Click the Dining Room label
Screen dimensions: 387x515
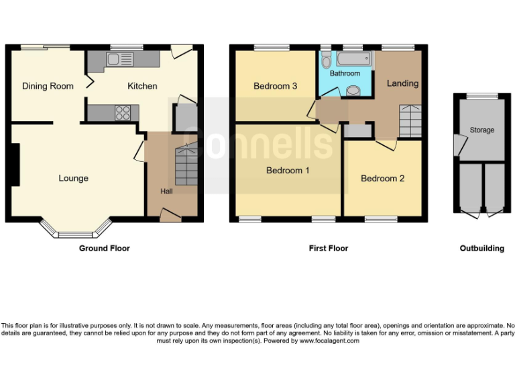[x=48, y=86]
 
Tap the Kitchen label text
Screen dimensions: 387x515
[x=142, y=86]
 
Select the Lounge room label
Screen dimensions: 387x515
[x=73, y=178]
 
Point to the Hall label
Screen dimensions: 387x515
[x=166, y=191]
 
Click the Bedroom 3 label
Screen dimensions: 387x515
[x=275, y=86]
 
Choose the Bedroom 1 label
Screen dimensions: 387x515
[x=288, y=171]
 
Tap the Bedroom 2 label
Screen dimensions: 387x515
[x=382, y=179]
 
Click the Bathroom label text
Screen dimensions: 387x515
[x=345, y=73]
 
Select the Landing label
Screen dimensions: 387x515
[x=402, y=83]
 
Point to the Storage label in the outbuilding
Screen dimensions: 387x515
[x=481, y=130]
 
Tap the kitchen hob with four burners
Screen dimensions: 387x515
[x=123, y=113]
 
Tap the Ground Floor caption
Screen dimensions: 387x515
[x=104, y=249]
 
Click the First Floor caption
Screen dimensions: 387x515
[x=328, y=249]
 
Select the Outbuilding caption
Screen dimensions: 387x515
[x=481, y=249]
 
